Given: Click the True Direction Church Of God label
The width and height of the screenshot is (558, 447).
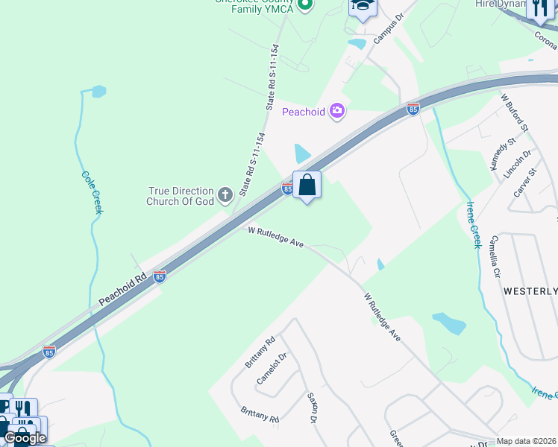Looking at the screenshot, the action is coord(181,197).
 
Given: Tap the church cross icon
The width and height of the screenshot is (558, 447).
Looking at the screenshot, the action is coord(226,197).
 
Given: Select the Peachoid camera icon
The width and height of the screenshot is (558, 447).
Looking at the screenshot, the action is coord(337,111).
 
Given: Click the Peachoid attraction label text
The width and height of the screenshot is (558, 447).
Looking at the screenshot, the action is coord(304,112).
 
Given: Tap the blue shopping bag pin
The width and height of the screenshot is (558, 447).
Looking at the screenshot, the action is coord(307,185).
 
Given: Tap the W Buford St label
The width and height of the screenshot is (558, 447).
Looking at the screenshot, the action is coord(514,113).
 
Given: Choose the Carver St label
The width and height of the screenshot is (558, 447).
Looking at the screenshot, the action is coord(525,183).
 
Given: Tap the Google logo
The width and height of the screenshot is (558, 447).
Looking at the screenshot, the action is coord(24,437).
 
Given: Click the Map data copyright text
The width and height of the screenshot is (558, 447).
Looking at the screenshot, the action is coord(527,441).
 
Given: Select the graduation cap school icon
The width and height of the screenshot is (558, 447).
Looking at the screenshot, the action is coord(362,7).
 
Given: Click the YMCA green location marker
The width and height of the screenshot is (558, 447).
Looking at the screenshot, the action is coord(304,5).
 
